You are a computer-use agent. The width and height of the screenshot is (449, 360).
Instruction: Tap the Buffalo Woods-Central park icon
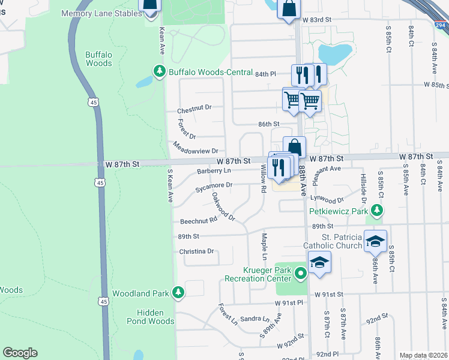coord(160,71)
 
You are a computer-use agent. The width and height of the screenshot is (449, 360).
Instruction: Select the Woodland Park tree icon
coord(178,292)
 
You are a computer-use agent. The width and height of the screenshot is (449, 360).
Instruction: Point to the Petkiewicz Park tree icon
coord(377,211)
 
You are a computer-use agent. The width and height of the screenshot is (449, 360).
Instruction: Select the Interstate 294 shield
coord(441,25)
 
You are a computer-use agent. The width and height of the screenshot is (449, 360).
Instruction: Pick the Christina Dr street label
coord(197,251)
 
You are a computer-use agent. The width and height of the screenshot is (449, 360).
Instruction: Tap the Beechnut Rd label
coord(199,221)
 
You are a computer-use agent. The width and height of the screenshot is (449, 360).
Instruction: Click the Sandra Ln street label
coord(255,319)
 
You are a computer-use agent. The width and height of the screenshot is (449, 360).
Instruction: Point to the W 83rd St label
coord(317,20)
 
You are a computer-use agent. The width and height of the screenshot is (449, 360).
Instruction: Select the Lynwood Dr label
coord(327,199)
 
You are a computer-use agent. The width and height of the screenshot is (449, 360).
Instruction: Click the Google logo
coord(20,353)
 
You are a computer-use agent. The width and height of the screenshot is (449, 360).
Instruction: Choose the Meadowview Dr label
coord(194,147)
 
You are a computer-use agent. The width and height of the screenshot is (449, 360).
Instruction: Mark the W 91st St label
coord(329,295)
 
